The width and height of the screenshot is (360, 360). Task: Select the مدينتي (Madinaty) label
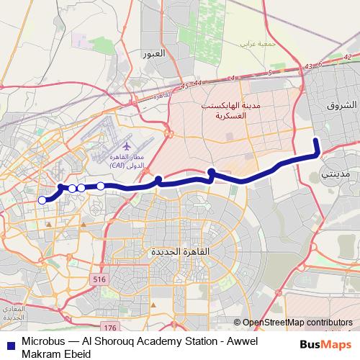click(337, 174)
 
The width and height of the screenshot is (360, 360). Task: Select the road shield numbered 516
click(99, 279)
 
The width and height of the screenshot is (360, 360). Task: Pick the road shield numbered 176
click(109, 328)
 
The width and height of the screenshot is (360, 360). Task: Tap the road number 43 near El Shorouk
click(309, 67)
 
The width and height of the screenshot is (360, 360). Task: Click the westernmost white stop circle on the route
click(42, 200)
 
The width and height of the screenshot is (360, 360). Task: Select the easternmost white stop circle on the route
click(101, 186)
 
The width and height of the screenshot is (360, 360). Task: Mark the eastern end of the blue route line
click(315, 138)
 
